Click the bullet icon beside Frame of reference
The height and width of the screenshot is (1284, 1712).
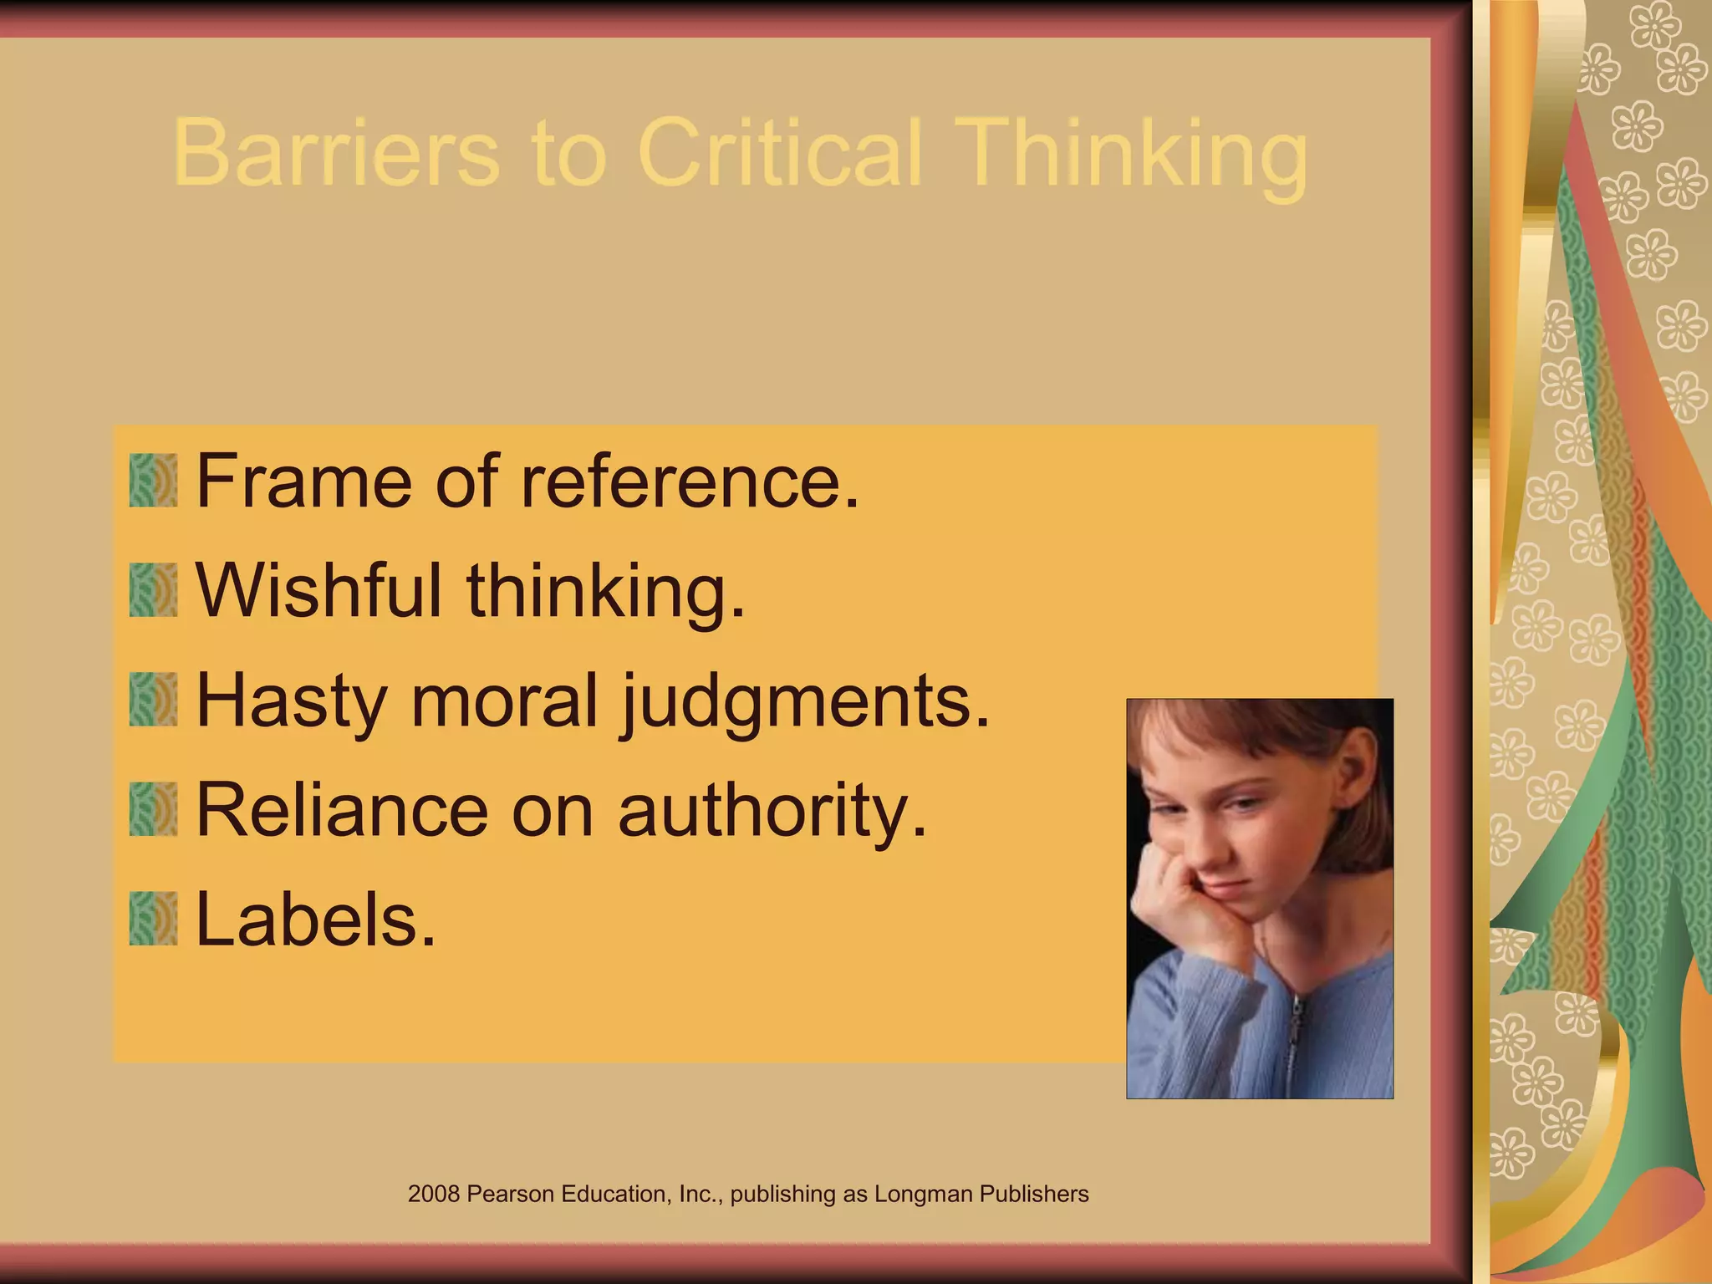[x=153, y=481]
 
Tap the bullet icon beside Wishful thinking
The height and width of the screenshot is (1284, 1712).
[x=153, y=590]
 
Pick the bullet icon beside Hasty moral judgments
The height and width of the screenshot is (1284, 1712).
[x=153, y=700]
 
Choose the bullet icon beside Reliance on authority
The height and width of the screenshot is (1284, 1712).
[x=153, y=809]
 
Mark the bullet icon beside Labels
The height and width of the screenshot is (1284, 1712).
[x=153, y=919]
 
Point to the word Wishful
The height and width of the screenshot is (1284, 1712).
[x=318, y=590]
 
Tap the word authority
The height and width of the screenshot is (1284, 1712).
[x=772, y=811]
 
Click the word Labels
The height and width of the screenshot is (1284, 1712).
[x=315, y=919]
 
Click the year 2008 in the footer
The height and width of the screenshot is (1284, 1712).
[x=434, y=1194]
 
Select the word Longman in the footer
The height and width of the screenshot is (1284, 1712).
[x=923, y=1194]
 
